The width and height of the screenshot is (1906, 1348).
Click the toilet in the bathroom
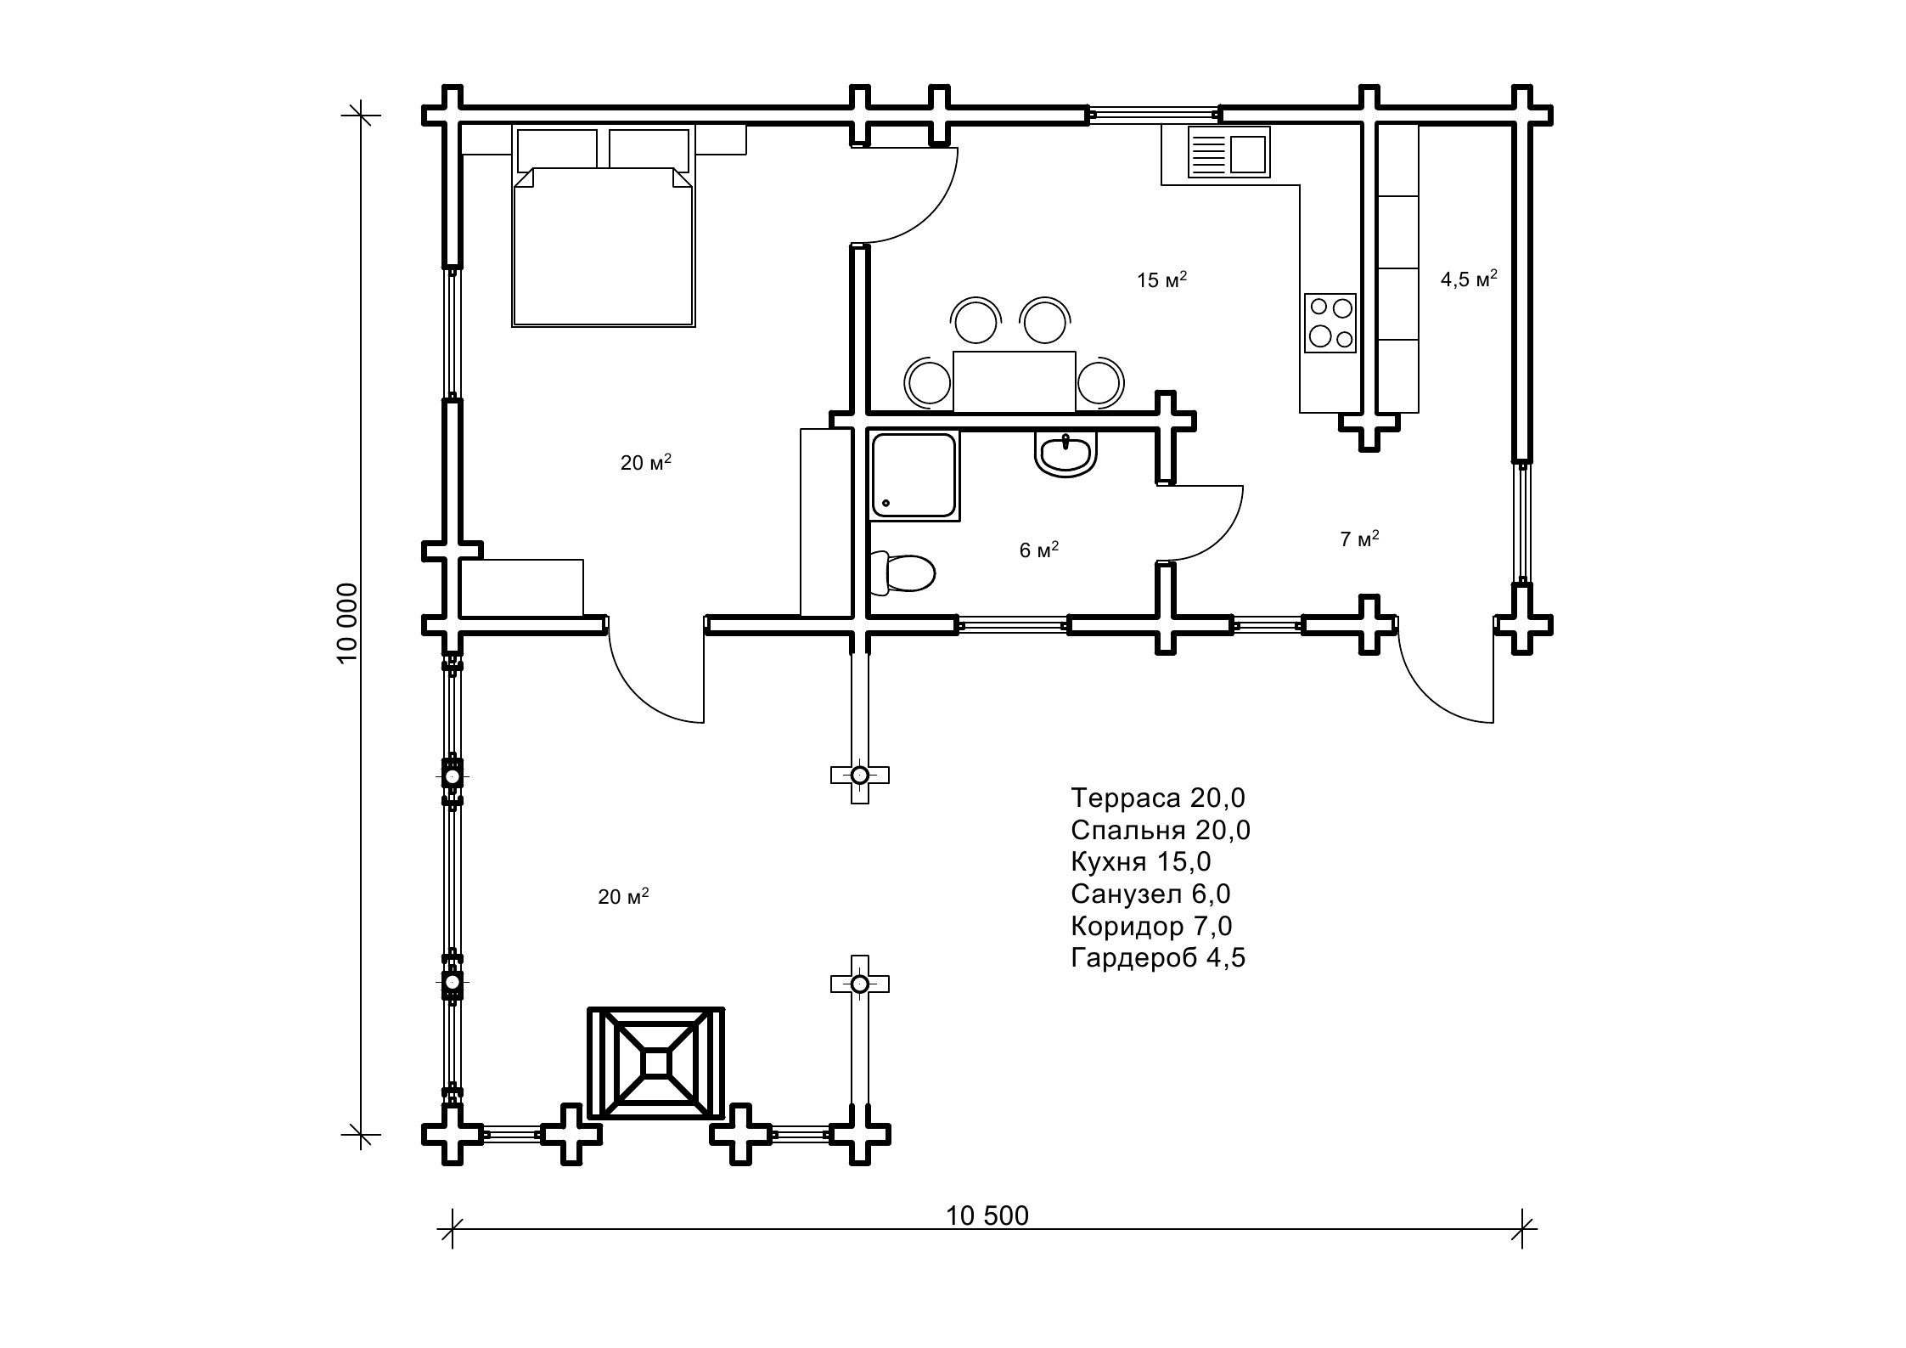click(x=902, y=572)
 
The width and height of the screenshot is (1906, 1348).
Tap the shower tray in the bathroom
click(x=914, y=475)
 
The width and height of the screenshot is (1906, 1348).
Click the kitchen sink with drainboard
click(x=1228, y=152)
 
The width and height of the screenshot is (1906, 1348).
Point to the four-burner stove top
click(x=1330, y=323)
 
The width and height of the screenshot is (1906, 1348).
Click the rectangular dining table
click(x=1015, y=381)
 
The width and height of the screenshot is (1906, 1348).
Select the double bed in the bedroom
click(x=604, y=227)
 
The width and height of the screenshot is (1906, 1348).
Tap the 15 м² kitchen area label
click(x=1161, y=279)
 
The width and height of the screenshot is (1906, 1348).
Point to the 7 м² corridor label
click(x=1359, y=539)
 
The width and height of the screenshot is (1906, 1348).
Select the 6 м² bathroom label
click(x=1039, y=550)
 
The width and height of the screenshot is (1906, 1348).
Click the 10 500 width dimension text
click(x=987, y=1216)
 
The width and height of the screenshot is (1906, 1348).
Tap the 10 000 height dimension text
click(x=348, y=623)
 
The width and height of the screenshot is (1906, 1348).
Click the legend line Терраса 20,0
click(x=1158, y=798)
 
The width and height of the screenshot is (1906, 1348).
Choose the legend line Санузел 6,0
click(x=1150, y=894)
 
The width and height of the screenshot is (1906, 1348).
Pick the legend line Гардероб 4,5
click(x=1158, y=957)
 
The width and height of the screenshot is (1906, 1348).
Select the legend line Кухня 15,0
click(x=1141, y=861)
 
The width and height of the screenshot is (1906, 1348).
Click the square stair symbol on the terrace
click(x=656, y=1063)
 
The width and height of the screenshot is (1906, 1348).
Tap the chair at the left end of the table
click(x=928, y=381)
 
